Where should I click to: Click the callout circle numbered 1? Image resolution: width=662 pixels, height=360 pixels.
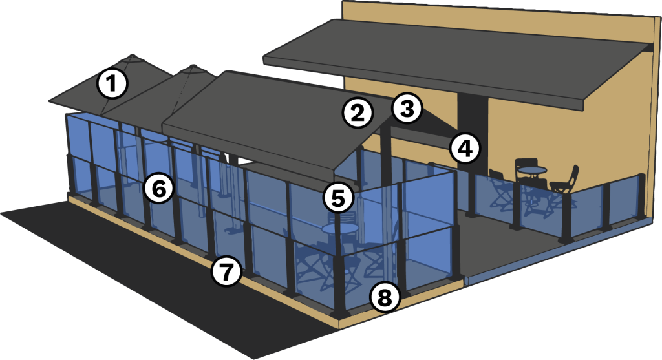tap(112, 83)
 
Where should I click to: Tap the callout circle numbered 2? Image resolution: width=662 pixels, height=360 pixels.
tap(358, 112)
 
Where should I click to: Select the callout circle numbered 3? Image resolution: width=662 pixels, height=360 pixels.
tap(407, 108)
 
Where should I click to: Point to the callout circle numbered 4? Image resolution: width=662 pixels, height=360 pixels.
tap(465, 149)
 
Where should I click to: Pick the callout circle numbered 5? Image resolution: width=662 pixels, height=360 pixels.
tap(338, 198)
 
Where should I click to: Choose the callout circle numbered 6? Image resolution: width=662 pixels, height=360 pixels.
tap(159, 189)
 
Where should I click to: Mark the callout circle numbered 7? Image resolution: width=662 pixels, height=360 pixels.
tap(227, 271)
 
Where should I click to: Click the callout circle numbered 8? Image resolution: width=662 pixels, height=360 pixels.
tap(385, 297)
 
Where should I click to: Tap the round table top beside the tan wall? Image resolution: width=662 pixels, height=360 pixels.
tap(532, 170)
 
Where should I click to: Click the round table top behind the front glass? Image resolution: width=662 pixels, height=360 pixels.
tap(340, 228)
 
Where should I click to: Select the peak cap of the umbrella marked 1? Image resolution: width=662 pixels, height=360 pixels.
tap(133, 56)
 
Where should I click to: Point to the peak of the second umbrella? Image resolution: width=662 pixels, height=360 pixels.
tap(193, 67)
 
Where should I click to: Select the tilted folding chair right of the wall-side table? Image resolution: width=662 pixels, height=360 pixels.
tap(564, 185)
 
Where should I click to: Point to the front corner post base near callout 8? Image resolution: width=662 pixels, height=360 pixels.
tap(340, 314)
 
